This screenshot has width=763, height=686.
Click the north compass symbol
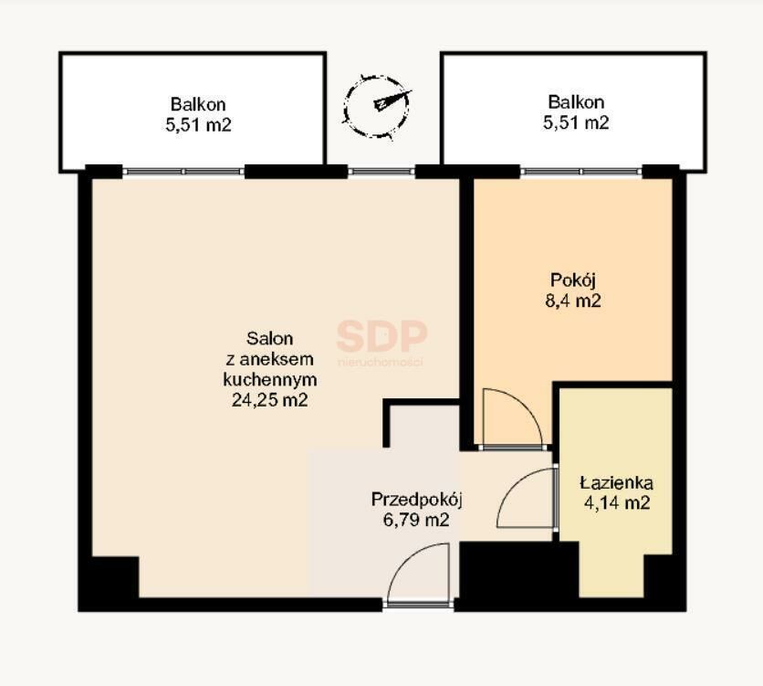click(378, 106)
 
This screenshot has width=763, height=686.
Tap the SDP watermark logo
click(381, 342)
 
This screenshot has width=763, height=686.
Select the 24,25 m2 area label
click(269, 400)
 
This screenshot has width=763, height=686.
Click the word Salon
click(269, 338)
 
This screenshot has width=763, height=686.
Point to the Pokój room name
click(573, 280)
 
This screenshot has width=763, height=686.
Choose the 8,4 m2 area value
click(573, 301)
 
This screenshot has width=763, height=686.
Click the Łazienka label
click(617, 483)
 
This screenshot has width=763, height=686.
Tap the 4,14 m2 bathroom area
click(617, 502)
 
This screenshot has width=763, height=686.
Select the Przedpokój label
click(416, 500)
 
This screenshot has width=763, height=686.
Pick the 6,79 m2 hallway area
click(416, 520)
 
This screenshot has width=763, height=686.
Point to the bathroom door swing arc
click(512, 487)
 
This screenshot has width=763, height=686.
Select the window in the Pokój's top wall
click(581, 172)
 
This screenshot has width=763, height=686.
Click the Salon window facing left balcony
click(183, 172)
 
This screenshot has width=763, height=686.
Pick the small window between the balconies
click(381, 172)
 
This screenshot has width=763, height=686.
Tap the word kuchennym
click(270, 380)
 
